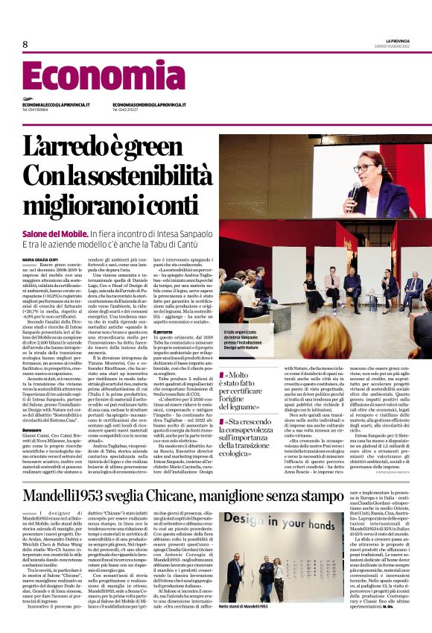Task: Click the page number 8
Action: [25, 45]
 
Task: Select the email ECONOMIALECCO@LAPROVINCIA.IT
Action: [57, 105]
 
